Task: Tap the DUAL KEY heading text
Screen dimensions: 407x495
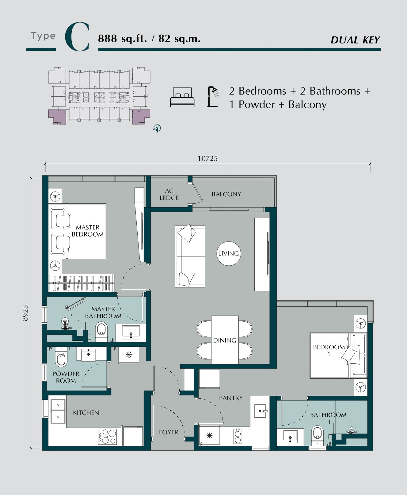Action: [355, 40]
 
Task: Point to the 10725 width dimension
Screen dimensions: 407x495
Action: [207, 158]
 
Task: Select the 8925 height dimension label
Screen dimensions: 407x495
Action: [25, 313]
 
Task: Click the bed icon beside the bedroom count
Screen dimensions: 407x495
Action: [182, 97]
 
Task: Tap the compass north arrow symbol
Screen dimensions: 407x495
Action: [157, 128]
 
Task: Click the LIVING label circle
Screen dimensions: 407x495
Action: [229, 253]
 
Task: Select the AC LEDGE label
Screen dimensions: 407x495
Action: [169, 194]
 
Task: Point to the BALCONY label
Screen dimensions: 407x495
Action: [226, 194]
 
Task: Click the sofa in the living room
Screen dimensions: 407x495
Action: [190, 256]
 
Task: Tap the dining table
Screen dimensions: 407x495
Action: [225, 340]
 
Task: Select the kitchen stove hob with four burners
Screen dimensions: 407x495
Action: [107, 437]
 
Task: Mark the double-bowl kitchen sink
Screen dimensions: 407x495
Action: [58, 411]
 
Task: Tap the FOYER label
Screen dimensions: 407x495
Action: [169, 432]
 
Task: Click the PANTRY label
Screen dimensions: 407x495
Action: [231, 398]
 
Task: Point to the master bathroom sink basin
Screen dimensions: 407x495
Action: [131, 332]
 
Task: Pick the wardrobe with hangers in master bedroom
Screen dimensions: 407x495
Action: [82, 283]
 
